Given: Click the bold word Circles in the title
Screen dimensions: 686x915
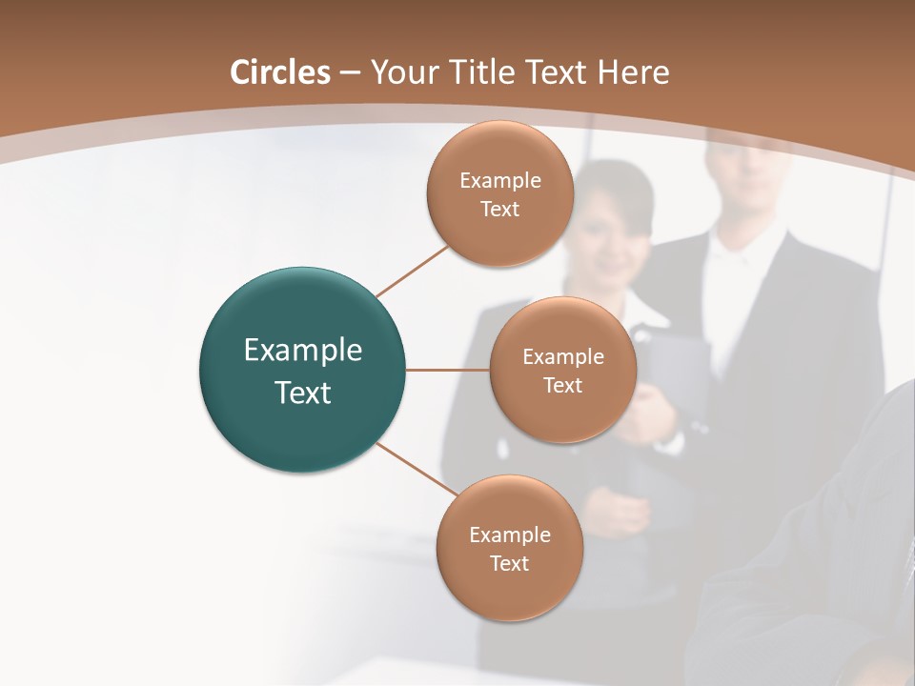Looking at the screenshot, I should pos(279,72).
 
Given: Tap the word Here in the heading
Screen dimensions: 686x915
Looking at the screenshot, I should pos(633,72).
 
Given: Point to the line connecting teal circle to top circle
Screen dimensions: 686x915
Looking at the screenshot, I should pos(412,271).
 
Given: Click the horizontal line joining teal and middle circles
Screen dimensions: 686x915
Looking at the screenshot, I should pos(447,370).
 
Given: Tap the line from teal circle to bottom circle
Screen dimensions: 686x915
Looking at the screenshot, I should pos(417,469).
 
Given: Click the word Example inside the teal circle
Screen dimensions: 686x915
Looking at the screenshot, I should pos(302,351).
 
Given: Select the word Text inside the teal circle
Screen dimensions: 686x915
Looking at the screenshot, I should pos(302,393).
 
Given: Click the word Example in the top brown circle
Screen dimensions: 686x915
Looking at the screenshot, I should pos(500,180).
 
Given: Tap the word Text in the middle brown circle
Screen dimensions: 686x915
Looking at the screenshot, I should pos(562,385).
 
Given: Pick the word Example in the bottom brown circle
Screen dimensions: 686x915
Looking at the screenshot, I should pos(509,535).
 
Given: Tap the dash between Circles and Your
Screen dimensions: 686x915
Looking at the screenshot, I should pos(349,73).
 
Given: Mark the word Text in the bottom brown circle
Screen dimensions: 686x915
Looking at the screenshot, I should pos(509,563).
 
